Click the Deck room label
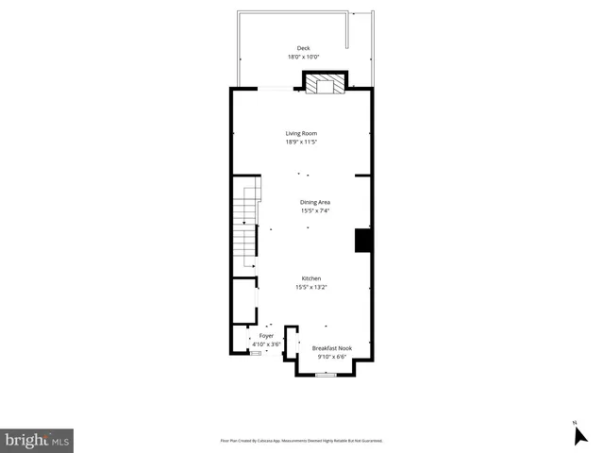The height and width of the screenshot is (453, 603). (x=303, y=48)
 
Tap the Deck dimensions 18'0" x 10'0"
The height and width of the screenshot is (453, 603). (x=303, y=57)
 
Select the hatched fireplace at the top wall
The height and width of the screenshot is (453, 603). (x=325, y=85)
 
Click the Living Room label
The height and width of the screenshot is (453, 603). (x=302, y=133)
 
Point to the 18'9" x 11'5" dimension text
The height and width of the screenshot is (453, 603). (x=302, y=142)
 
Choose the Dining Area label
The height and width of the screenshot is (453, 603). (x=314, y=202)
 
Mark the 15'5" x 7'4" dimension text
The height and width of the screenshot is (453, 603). (x=314, y=210)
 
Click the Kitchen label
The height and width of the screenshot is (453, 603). (x=311, y=278)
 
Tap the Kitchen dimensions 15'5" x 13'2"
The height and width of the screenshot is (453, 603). (x=311, y=287)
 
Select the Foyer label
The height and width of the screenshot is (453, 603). (x=266, y=336)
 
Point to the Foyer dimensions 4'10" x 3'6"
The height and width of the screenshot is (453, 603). (x=266, y=344)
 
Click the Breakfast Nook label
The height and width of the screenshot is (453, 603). (x=331, y=348)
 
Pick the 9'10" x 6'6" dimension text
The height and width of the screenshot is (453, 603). (x=331, y=357)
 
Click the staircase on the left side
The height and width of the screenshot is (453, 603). (x=245, y=226)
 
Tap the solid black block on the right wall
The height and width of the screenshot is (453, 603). (x=362, y=241)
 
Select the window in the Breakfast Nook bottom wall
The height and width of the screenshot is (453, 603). (x=326, y=375)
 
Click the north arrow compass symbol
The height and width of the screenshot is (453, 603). (x=579, y=434)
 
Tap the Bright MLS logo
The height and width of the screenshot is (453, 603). (x=37, y=440)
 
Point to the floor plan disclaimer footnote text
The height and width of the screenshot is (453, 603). (x=301, y=441)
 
